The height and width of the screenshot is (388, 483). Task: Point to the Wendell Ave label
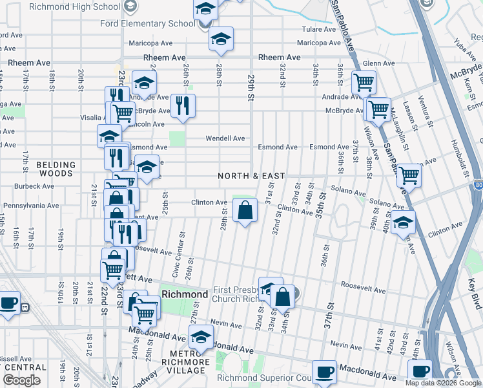coord(225,138)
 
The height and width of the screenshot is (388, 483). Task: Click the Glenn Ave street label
coord(378,63)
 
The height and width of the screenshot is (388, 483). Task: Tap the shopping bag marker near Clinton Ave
coord(245,211)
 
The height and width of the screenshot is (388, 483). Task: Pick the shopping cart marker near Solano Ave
coord(408,175)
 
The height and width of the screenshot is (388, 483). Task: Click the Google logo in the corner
coord(21,380)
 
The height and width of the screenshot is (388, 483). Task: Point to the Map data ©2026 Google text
coord(442,383)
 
